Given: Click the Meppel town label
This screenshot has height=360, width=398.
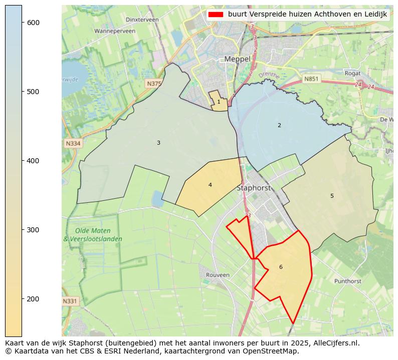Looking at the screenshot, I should pyautogui.click(x=237, y=59).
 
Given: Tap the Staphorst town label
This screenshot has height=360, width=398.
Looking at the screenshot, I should pyautogui.click(x=253, y=188).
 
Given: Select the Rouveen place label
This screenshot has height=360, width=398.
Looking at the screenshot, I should pyautogui.click(x=218, y=275).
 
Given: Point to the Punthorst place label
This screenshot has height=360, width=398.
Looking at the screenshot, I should pyautogui.click(x=347, y=281).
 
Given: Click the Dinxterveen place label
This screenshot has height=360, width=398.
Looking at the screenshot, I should pyautogui.click(x=142, y=20).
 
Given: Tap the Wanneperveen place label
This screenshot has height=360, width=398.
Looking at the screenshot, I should pyautogui.click(x=115, y=31).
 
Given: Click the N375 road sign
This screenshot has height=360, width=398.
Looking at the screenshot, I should pyautogui.click(x=154, y=84).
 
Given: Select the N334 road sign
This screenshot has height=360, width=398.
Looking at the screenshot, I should pyautogui.click(x=73, y=144).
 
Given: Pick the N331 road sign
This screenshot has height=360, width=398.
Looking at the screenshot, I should pyautogui.click(x=70, y=301).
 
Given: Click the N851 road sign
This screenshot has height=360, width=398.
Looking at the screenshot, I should pyautogui.click(x=311, y=79).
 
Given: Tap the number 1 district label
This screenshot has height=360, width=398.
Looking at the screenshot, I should pyautogui.click(x=219, y=102).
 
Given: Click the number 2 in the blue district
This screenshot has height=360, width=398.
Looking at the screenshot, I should pyautogui.click(x=279, y=125).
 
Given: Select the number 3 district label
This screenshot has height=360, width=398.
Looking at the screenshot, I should pyautogui.click(x=158, y=143).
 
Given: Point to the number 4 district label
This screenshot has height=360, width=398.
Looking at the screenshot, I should pyautogui.click(x=210, y=185).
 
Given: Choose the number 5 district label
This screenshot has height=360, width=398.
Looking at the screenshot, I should pyautogui.click(x=332, y=196).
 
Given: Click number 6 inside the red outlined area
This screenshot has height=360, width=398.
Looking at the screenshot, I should pyautogui.click(x=281, y=267).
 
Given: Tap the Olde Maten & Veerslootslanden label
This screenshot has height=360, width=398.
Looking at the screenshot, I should pyautogui.click(x=93, y=235).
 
